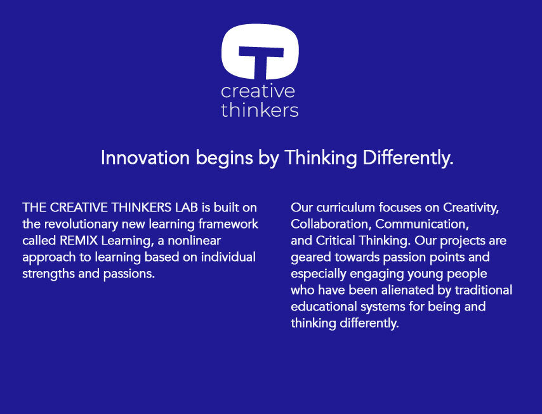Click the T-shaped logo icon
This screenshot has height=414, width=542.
pos(260,51)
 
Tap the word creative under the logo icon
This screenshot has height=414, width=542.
pos(258,91)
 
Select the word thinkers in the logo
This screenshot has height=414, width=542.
pos(260,110)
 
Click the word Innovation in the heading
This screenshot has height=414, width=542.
pos(145,157)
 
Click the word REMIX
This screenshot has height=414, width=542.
pos(79,241)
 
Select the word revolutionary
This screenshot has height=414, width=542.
pos(81,224)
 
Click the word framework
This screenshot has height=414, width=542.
pos(228,224)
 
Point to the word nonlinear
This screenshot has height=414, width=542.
pos(194,241)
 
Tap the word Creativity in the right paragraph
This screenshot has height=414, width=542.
pos(471,208)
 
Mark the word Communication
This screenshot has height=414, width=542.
pos(422,224)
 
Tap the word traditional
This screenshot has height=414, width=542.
pos(483,290)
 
